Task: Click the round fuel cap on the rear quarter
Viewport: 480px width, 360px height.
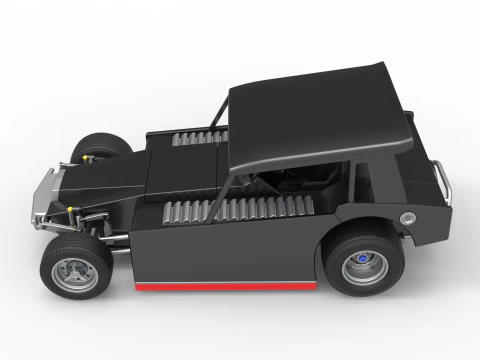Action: (407, 218)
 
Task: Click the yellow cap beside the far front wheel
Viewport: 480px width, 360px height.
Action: (91, 156)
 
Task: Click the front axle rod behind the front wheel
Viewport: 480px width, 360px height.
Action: (120, 237)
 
